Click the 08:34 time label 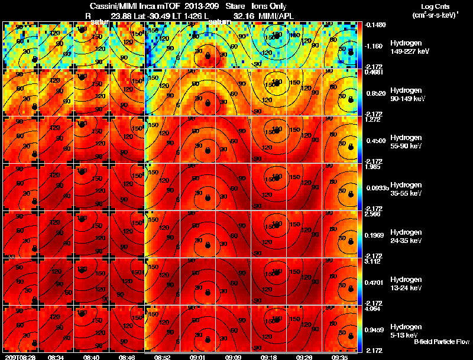56,357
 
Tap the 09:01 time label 197,357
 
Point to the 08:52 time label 162,357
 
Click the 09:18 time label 268,357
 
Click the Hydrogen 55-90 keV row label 407,142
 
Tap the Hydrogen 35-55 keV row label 407,189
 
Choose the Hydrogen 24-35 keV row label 407,236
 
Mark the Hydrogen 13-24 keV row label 407,284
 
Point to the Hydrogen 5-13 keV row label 406,330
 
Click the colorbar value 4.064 373,309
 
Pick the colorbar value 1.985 372,167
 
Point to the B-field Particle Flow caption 441,342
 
